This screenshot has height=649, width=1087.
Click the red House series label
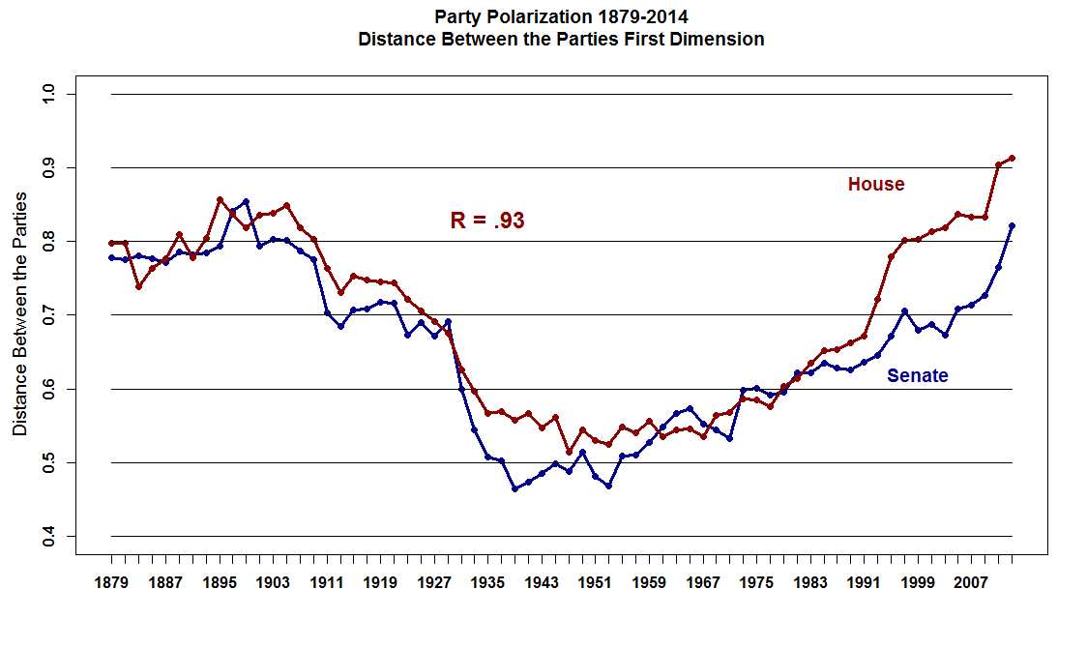click(x=876, y=185)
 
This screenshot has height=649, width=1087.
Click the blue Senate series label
click(x=917, y=376)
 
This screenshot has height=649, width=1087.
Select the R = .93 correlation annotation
click(x=487, y=221)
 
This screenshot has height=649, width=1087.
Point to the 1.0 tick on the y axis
click(x=46, y=94)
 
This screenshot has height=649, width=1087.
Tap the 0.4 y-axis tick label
click(x=46, y=536)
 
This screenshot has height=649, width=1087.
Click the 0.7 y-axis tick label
click(x=46, y=315)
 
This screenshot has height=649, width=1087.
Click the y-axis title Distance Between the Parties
click(x=19, y=314)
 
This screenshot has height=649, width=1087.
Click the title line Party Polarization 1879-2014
click(x=561, y=16)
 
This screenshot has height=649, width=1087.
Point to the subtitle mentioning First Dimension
click(x=561, y=40)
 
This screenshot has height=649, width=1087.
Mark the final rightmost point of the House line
click(x=1012, y=158)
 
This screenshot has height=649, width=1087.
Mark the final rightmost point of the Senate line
click(x=1012, y=225)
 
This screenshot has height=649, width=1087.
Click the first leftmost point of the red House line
click(x=111, y=243)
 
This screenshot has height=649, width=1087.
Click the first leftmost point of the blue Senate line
click(x=111, y=258)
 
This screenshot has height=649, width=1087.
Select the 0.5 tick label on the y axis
click(x=46, y=462)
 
